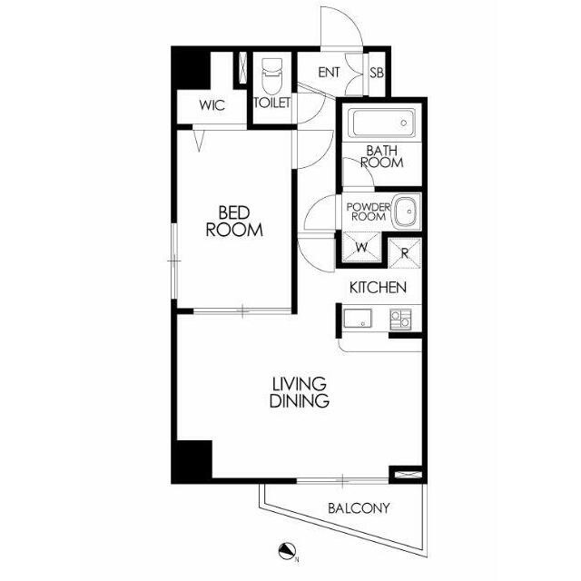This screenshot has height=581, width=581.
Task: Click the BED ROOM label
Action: (x=234, y=222)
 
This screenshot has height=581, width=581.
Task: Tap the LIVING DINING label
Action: (x=300, y=392)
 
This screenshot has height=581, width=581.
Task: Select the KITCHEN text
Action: (x=378, y=288)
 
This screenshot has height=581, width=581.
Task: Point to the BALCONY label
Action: (x=359, y=508)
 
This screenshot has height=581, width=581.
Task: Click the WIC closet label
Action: (x=212, y=105)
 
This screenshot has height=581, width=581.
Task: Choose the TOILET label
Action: (x=272, y=103)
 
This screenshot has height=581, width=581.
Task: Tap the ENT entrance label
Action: (x=329, y=73)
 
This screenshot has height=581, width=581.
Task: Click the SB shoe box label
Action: (x=377, y=73)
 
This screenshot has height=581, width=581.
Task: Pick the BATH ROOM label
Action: (x=382, y=156)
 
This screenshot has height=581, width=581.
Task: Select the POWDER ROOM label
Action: (x=369, y=212)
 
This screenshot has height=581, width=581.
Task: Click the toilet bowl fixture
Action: (x=272, y=76)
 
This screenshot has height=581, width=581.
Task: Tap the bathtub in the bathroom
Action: (x=384, y=123)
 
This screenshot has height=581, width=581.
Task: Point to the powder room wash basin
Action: (x=407, y=212)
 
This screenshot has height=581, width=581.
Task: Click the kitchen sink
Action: (x=358, y=319)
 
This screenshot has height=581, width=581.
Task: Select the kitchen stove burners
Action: (x=400, y=320)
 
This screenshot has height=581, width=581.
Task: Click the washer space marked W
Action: (x=361, y=247)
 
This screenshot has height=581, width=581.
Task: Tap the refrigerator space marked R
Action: (x=405, y=253)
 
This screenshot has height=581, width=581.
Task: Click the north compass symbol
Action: (x=287, y=552)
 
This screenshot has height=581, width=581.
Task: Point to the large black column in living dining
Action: (x=192, y=462)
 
